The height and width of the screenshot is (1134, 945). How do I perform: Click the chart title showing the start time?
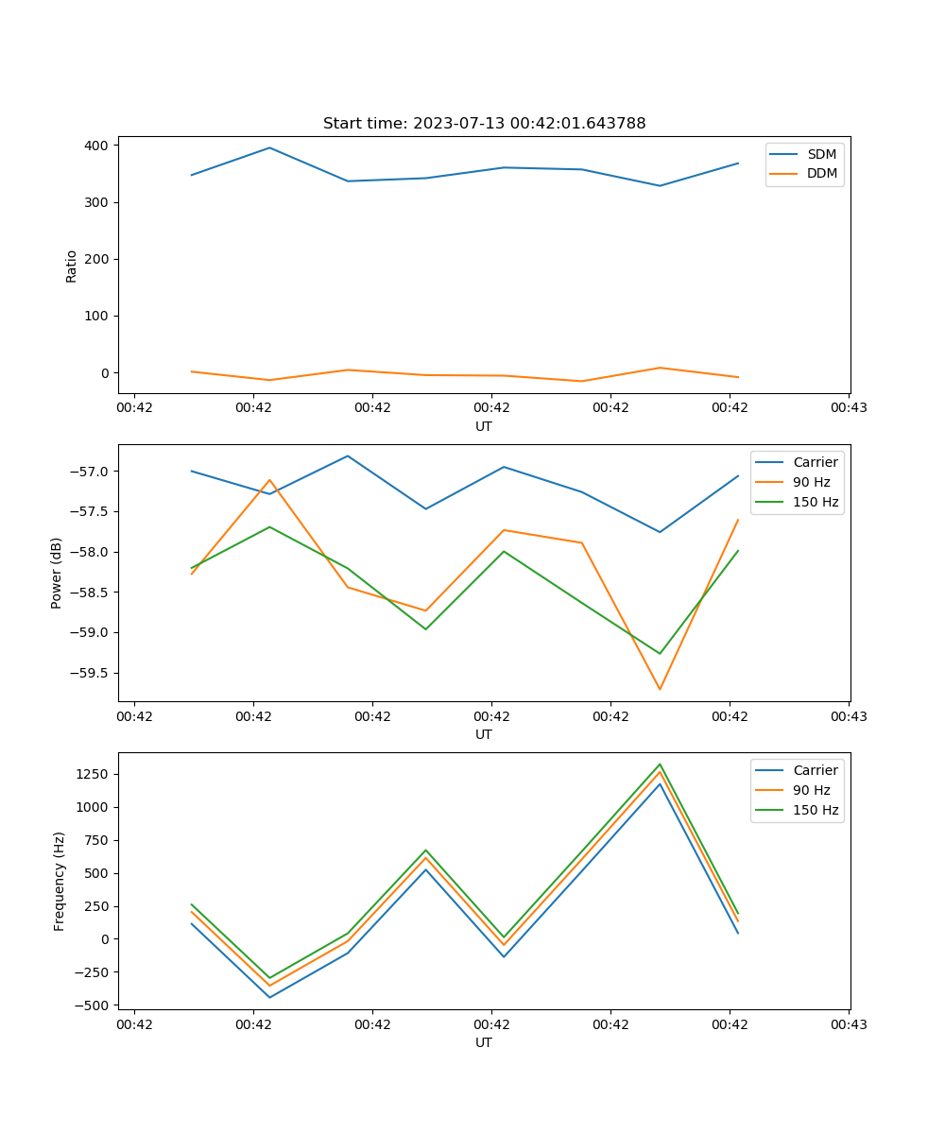[484, 124]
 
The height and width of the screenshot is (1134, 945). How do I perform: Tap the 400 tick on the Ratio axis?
[98, 146]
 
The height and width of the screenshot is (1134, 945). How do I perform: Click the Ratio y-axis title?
[72, 266]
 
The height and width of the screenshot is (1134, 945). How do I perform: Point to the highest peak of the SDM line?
[269, 147]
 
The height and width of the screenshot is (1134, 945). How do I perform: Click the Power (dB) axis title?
[57, 573]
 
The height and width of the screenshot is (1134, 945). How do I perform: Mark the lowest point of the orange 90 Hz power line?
[660, 689]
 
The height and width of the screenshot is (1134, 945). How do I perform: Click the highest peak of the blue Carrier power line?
[348, 455]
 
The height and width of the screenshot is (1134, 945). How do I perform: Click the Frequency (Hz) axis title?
[59, 881]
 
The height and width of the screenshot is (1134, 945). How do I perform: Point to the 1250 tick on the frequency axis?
[94, 774]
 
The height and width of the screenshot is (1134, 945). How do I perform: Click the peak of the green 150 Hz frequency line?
[660, 764]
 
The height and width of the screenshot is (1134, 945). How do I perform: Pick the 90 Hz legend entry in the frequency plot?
[812, 790]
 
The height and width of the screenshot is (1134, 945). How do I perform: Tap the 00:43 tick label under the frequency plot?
[849, 1023]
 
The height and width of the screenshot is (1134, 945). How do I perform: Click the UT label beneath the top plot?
[484, 426]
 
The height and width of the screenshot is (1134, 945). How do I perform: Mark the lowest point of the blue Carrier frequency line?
[269, 997]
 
